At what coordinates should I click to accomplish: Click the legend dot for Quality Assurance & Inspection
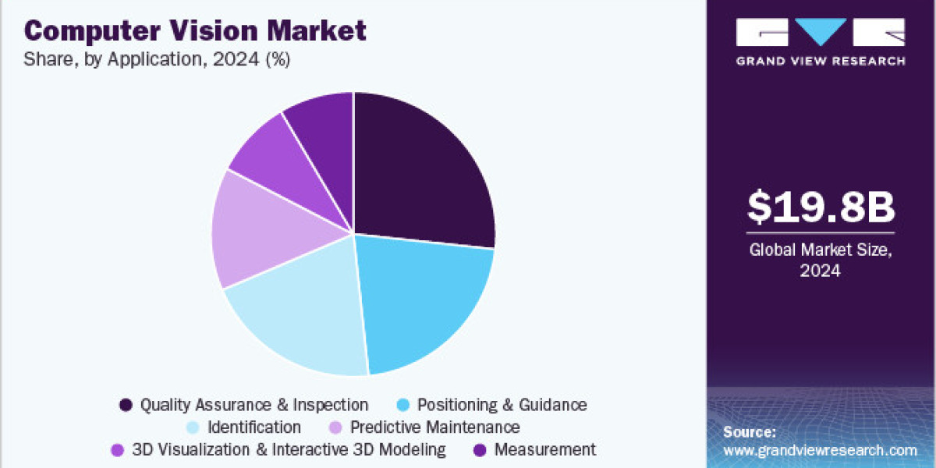pyautogui.click(x=126, y=405)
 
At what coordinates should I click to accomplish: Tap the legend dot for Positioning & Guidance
pyautogui.click(x=402, y=405)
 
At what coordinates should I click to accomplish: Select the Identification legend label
pyautogui.click(x=254, y=427)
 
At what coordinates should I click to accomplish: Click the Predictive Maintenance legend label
pyautogui.click(x=434, y=427)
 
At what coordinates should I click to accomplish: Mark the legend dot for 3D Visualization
pyautogui.click(x=118, y=450)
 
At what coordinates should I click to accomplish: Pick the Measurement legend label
pyautogui.click(x=544, y=450)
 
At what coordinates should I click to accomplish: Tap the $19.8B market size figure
pyautogui.click(x=821, y=206)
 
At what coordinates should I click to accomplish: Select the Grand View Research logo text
pyautogui.click(x=821, y=61)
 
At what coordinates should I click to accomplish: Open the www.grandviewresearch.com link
pyautogui.click(x=820, y=450)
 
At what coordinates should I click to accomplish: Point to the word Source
pyautogui.click(x=750, y=432)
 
